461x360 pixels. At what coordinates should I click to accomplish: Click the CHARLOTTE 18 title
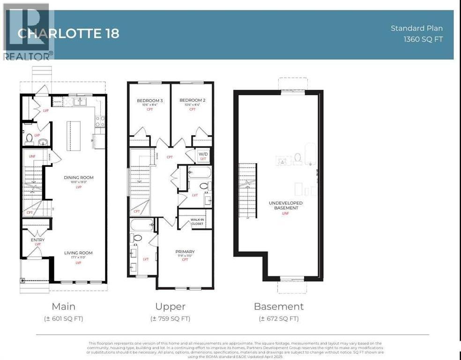pos(68,34)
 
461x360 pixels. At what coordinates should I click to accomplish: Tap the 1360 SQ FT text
pos(423,39)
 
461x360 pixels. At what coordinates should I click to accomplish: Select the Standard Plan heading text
pos(416,28)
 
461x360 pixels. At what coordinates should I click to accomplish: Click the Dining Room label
pos(79,178)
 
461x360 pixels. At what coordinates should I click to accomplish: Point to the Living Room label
pos(78,253)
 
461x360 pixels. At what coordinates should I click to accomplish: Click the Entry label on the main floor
pos(37,240)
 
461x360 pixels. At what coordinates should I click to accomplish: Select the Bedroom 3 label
pos(150,100)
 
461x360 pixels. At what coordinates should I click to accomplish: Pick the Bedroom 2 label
pos(192,100)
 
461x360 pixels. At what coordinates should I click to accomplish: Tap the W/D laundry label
pos(203,154)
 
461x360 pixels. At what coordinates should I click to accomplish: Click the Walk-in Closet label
pos(200,222)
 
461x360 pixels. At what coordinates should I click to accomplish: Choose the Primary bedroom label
pos(186,252)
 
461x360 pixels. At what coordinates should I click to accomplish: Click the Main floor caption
pos(63,307)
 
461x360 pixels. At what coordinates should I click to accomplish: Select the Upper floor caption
pos(171,307)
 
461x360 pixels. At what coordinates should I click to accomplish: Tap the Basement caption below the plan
pos(279,307)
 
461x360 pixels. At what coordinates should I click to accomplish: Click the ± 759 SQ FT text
pos(171,319)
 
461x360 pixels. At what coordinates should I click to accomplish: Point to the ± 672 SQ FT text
pos(279,319)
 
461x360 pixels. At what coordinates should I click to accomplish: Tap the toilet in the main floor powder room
pos(29,138)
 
